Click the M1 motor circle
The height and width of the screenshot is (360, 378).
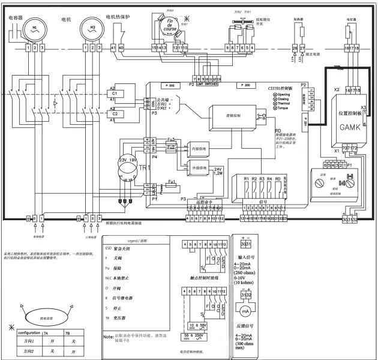pos(35,29)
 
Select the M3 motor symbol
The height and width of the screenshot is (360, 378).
pos(93,29)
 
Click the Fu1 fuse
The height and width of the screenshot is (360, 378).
pos(171,181)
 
